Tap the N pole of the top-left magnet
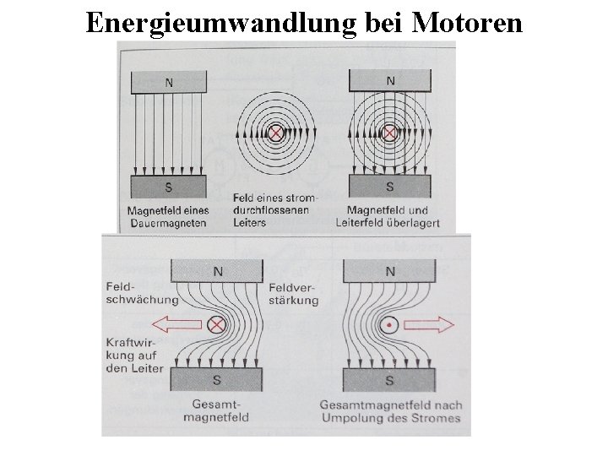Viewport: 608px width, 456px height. (169, 82)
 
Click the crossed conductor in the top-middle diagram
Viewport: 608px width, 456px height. (274, 133)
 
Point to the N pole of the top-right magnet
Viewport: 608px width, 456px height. (389, 81)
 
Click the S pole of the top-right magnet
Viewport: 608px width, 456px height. (389, 186)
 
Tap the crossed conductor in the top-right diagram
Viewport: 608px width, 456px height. (389, 133)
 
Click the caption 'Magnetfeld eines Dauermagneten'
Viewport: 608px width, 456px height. (167, 216)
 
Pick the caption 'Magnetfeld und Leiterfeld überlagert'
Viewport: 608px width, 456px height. (388, 216)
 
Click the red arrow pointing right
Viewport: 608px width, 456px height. (434, 323)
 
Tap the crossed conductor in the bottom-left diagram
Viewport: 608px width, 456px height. (217, 323)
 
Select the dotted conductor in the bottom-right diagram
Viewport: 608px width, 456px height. (389, 323)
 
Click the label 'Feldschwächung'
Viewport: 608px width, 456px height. (142, 292)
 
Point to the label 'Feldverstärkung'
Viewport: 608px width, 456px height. (292, 292)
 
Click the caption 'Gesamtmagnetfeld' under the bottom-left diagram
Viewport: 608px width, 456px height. (218, 410)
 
